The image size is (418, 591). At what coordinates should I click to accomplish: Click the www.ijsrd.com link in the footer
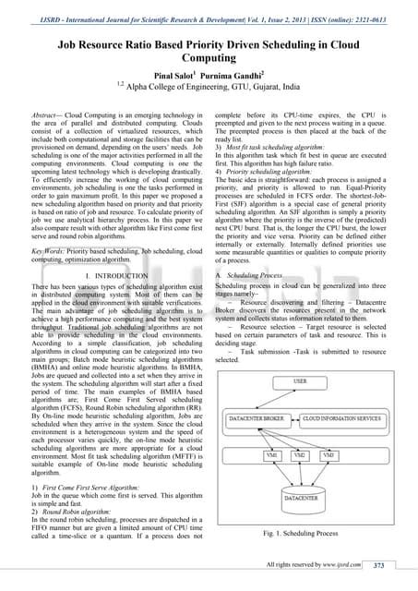tap(346, 564)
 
